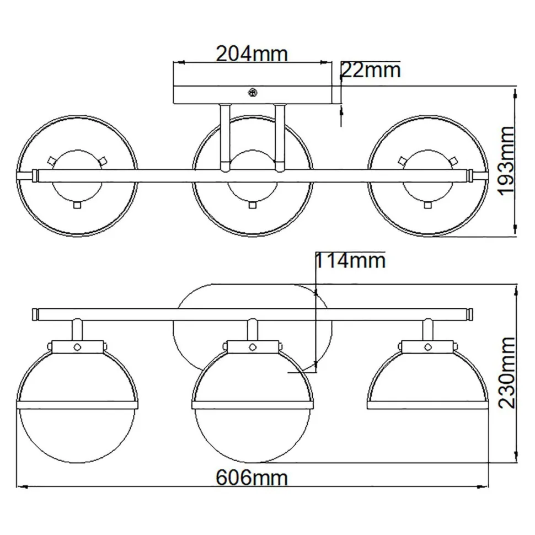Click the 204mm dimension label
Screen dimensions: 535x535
coord(252,54)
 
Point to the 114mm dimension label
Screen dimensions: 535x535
coord(350,260)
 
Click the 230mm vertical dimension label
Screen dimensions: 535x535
coord(506,372)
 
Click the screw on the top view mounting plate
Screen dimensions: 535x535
coord(253,93)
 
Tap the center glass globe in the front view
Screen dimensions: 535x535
coord(253,433)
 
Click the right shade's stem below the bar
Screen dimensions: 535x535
coord(428,329)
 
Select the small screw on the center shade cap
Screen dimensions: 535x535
coord(253,346)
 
